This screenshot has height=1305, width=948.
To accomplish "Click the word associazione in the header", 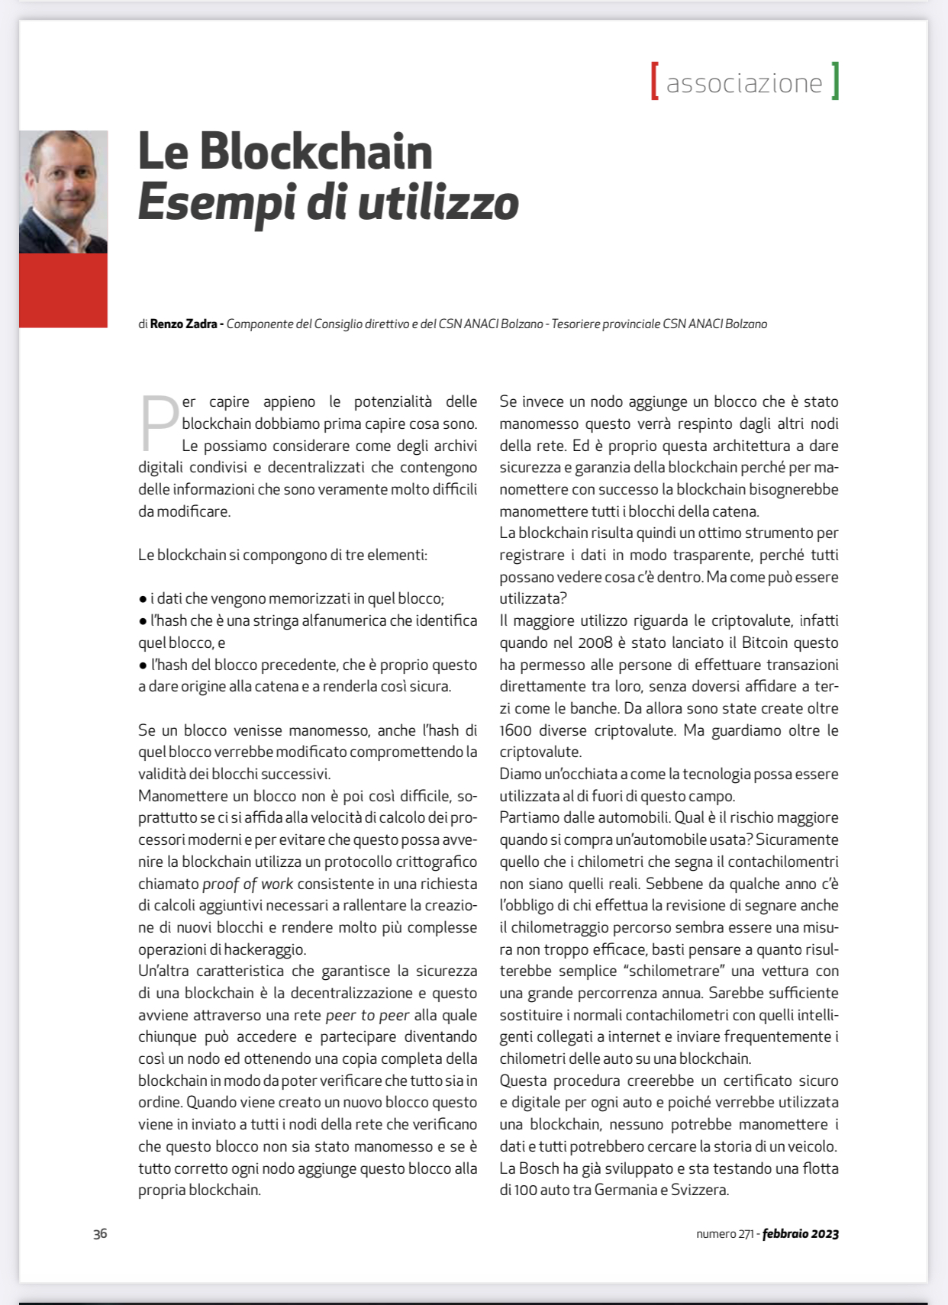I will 744,83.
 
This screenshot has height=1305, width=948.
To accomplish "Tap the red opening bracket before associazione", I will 655,82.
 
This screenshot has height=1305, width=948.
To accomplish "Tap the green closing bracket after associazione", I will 835,82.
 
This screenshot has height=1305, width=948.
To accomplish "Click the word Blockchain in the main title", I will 316,152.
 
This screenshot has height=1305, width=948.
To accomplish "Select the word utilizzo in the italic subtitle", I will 438,203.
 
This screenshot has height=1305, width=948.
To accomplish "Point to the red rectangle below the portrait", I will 63,290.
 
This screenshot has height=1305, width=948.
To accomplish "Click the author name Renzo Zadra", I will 183,324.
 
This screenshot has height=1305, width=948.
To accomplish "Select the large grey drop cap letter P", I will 159,423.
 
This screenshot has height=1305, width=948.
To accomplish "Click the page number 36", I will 100,1233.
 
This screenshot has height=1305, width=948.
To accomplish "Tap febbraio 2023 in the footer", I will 800,1233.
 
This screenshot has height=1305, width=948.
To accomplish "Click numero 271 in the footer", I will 725,1233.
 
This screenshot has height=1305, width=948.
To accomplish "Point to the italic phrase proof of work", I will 247,884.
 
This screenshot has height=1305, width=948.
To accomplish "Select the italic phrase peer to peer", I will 367,1015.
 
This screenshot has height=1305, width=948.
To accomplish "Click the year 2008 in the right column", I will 595,643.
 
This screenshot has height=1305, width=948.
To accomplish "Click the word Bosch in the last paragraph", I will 539,1168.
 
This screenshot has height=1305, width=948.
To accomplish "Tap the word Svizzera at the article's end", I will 698,1190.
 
